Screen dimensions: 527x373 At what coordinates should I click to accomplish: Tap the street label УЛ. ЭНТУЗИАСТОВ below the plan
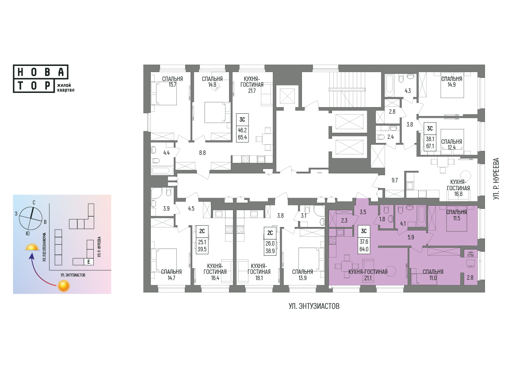[x=314, y=306]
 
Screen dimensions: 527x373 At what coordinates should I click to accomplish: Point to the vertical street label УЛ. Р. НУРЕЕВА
[x=496, y=179]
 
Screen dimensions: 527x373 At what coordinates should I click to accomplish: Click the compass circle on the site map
[x=31, y=218]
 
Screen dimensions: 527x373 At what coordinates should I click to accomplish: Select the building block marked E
[x=88, y=261]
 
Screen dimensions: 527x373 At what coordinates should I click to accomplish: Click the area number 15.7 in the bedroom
[x=172, y=85]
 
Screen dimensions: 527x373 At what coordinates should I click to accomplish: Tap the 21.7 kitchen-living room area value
[x=252, y=91]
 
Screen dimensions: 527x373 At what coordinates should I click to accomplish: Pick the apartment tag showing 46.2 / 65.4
[x=242, y=128]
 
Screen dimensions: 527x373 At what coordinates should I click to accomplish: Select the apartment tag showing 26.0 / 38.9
[x=270, y=241]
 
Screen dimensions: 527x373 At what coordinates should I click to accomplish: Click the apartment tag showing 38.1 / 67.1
[x=430, y=136]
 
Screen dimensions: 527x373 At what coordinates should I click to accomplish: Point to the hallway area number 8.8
[x=202, y=153]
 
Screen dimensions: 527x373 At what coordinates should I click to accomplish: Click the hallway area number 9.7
[x=394, y=180]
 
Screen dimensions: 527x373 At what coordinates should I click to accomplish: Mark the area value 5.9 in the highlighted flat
[x=411, y=237]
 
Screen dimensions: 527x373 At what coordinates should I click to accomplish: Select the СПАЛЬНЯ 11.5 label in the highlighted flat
[x=456, y=215]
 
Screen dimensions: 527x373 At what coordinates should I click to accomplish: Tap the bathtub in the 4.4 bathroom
[x=162, y=170]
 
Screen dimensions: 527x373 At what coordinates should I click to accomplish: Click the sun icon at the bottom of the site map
[x=64, y=286]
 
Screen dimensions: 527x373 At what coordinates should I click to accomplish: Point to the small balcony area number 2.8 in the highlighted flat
[x=470, y=277]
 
